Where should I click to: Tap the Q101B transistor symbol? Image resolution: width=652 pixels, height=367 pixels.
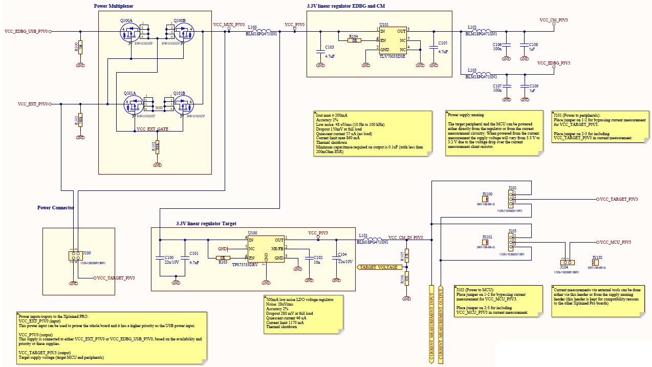182,105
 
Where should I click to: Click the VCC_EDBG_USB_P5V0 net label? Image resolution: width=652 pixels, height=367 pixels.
26,31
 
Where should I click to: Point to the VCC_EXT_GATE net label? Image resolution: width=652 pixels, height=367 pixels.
153,129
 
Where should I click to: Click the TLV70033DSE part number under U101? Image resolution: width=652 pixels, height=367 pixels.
392,57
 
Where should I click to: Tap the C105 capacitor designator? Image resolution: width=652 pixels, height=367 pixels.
443,44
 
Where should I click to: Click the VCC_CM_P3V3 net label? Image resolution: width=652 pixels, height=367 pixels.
553,20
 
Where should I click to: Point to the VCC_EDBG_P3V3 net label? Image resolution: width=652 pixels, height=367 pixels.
553,63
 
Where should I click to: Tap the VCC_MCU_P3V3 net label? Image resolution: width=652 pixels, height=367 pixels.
615,242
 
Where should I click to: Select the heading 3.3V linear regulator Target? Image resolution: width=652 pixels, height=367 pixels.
206,224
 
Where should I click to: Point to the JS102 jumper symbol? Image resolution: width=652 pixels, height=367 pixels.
595,263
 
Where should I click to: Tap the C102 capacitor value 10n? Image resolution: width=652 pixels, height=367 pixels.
318,262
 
